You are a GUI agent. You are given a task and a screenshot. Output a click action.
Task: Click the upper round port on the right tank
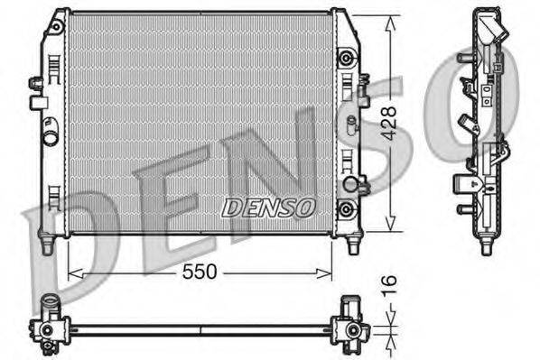pos(344,59)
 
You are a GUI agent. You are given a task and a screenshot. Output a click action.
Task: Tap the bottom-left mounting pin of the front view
pos(46,243)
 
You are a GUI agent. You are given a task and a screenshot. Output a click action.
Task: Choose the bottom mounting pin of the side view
pos(486,245)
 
